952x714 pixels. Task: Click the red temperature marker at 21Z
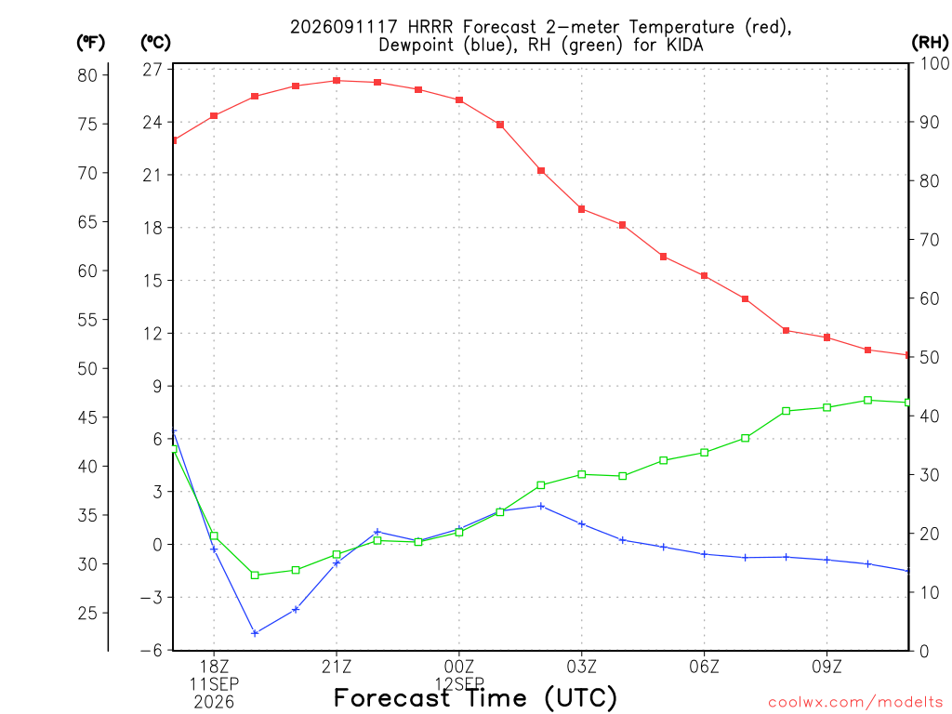337,80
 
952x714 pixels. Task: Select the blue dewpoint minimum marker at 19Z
255,633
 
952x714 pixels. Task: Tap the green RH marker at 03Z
582,474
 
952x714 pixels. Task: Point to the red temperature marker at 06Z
705,275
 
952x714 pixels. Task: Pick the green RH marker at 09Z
826,407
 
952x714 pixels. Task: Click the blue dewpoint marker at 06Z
705,554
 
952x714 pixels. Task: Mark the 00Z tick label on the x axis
459,667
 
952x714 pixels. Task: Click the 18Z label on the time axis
214,667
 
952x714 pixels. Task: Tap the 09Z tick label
826,667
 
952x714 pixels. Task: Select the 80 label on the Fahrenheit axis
87,75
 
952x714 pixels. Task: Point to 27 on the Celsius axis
153,69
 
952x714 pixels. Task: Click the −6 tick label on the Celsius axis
152,650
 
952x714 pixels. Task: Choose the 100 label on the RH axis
935,63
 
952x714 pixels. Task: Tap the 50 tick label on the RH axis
930,357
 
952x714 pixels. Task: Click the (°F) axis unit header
90,43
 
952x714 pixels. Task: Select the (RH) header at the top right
930,43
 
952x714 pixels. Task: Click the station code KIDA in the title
685,45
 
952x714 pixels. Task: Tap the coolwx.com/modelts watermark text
855,702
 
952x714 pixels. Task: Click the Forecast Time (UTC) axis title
475,697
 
